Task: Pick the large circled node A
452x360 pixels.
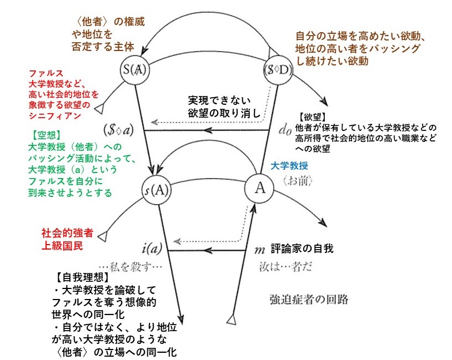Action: pyautogui.click(x=258, y=187)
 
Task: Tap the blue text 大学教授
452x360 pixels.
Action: pyautogui.click(x=289, y=166)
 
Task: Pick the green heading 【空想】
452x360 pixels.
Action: pyautogui.click(x=47, y=135)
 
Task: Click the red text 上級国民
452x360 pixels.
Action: pyautogui.click(x=62, y=245)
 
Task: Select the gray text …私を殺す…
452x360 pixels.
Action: pyautogui.click(x=129, y=266)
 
